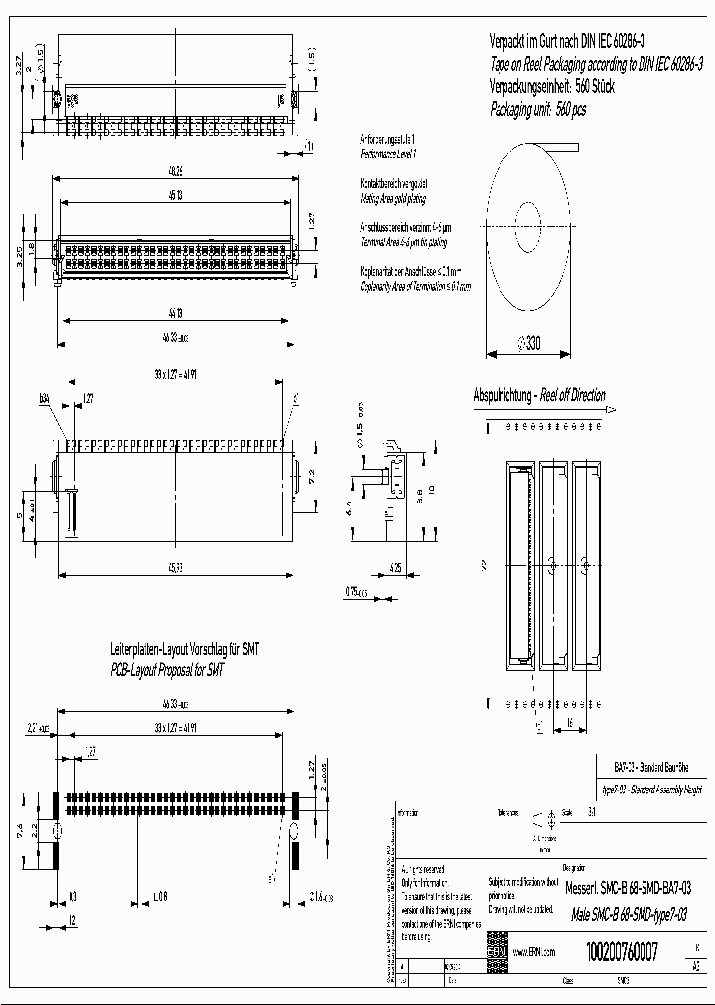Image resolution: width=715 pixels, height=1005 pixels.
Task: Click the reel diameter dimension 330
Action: (528, 345)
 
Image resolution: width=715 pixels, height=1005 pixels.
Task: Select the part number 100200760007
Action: (622, 950)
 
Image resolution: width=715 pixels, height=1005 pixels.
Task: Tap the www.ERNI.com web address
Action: (534, 951)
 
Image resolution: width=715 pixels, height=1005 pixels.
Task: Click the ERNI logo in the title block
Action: (496, 951)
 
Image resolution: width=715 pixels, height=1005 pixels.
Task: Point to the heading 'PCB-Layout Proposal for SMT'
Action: (168, 671)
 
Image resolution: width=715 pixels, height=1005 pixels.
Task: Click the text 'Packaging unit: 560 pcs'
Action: (538, 110)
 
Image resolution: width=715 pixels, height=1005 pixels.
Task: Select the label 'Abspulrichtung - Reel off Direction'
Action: (538, 395)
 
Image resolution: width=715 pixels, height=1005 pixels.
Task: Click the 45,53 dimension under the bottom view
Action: (174, 567)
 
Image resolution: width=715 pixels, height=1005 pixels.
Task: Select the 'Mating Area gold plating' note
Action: (394, 199)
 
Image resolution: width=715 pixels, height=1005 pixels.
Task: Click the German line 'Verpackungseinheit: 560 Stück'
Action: (552, 86)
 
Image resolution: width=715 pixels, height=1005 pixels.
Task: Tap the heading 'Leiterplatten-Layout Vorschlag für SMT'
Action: (186, 648)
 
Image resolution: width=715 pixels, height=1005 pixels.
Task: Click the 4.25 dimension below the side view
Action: (395, 569)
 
